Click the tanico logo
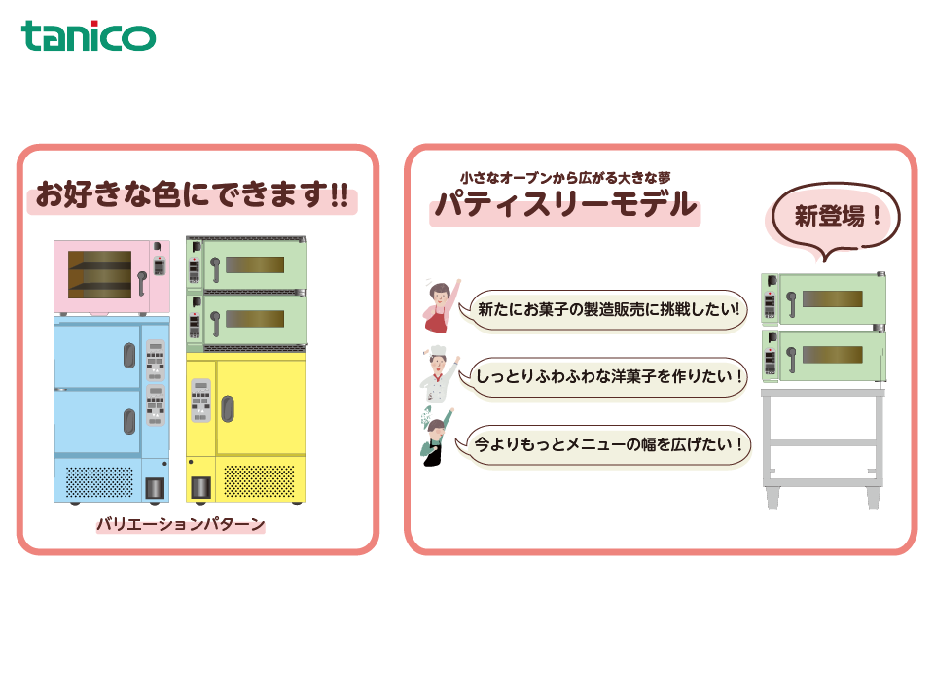[89, 36]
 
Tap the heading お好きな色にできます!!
[192, 194]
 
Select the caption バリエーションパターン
[181, 524]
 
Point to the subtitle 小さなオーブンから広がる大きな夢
[565, 177]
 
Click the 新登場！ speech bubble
[835, 218]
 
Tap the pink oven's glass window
[99, 274]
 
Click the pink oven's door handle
[142, 283]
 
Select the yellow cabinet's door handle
[228, 409]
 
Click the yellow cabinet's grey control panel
[200, 401]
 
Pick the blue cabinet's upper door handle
[129, 356]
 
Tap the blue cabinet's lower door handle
[129, 421]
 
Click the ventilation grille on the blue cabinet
[99, 481]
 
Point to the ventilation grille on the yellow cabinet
[259, 481]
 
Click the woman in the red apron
[440, 306]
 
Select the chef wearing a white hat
[438, 374]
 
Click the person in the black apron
[436, 437]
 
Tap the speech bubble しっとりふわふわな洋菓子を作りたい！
[603, 377]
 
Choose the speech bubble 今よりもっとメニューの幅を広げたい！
[603, 444]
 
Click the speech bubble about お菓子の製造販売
[603, 309]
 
